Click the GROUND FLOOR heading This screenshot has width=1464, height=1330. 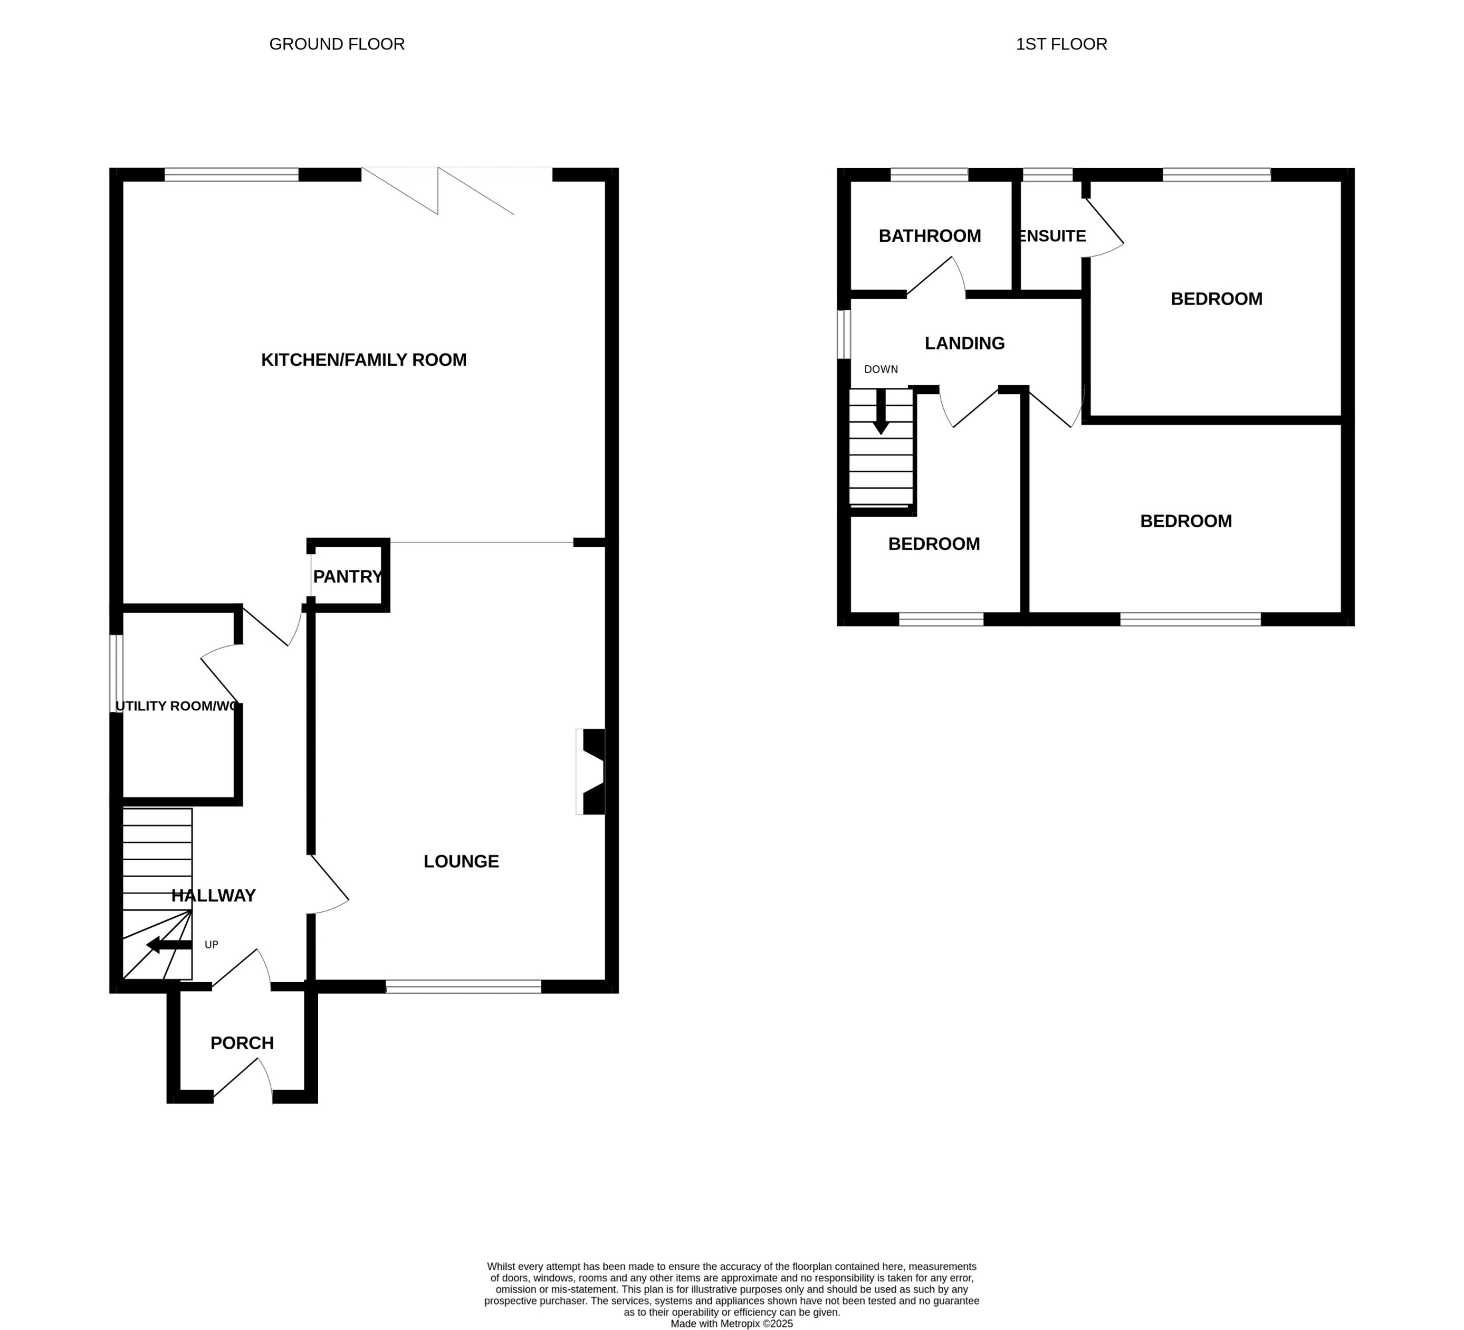click(337, 44)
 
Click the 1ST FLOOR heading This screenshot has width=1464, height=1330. click(1061, 44)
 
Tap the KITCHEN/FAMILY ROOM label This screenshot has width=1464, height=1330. click(364, 359)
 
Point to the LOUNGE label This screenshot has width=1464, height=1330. click(461, 861)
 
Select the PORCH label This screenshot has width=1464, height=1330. click(242, 1043)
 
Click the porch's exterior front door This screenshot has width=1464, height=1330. click(243, 1080)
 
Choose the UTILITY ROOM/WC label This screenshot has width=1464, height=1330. click(176, 706)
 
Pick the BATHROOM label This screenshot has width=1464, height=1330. click(930, 236)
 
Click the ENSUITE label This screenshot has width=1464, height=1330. click(1052, 236)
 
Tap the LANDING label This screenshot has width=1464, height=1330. click(964, 344)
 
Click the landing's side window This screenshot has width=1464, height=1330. click(844, 334)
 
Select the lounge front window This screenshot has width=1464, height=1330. click(463, 986)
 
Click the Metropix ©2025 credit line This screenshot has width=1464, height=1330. click(731, 1324)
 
